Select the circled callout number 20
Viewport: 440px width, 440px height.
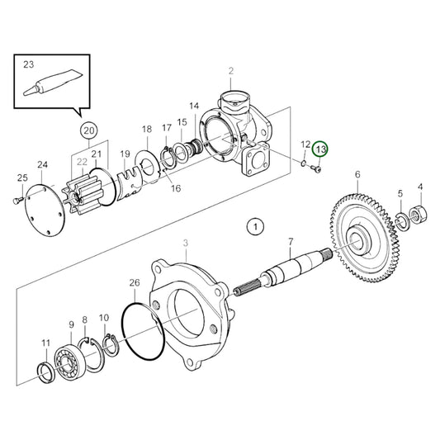88,130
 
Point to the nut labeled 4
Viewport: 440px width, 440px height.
419,214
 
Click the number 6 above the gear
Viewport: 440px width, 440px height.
357,174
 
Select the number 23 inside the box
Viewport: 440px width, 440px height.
28,63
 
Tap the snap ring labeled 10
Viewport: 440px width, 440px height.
105,347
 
